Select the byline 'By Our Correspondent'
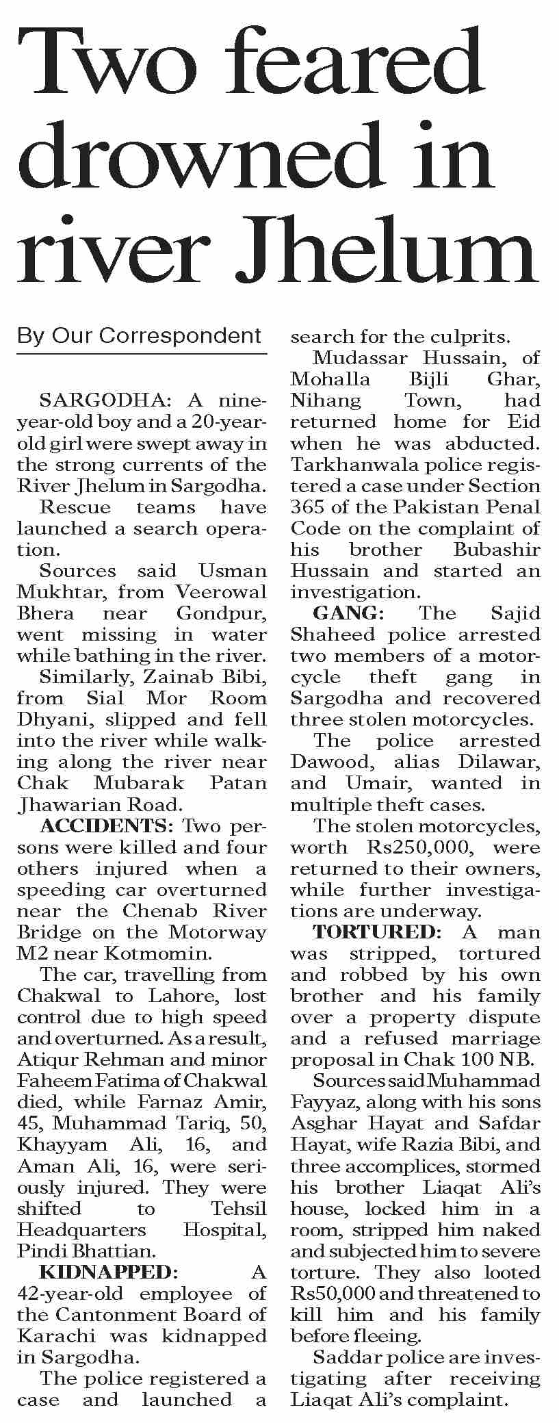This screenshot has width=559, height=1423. pos(140,336)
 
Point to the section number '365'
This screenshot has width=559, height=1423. pos(308,507)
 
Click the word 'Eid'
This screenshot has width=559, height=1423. pos(525,422)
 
